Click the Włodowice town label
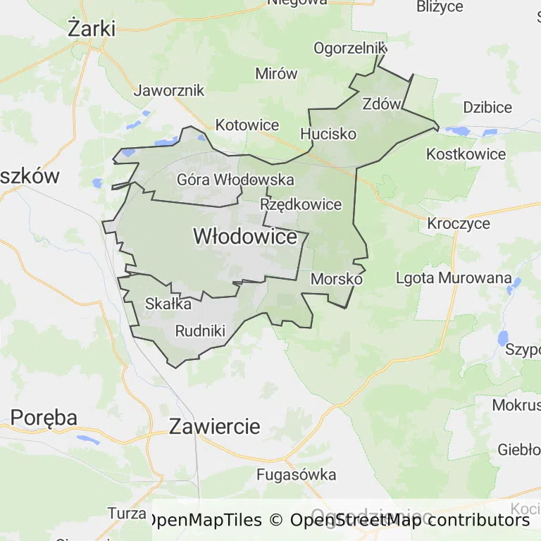click(x=245, y=237)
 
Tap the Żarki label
click(x=92, y=28)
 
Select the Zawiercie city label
click(x=215, y=426)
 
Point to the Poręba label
click(x=44, y=417)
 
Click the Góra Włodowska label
click(x=235, y=180)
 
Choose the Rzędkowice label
click(x=301, y=205)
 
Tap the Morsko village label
click(x=336, y=279)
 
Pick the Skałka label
click(x=168, y=304)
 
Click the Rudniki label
click(x=200, y=330)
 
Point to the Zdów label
click(x=381, y=104)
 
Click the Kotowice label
click(x=247, y=125)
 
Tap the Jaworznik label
click(x=169, y=90)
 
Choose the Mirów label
click(x=276, y=74)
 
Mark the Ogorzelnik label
click(x=350, y=48)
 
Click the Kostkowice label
click(x=466, y=154)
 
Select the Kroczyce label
click(x=459, y=223)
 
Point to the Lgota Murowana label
click(x=454, y=278)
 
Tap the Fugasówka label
click(x=296, y=475)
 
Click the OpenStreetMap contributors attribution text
click(x=410, y=521)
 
